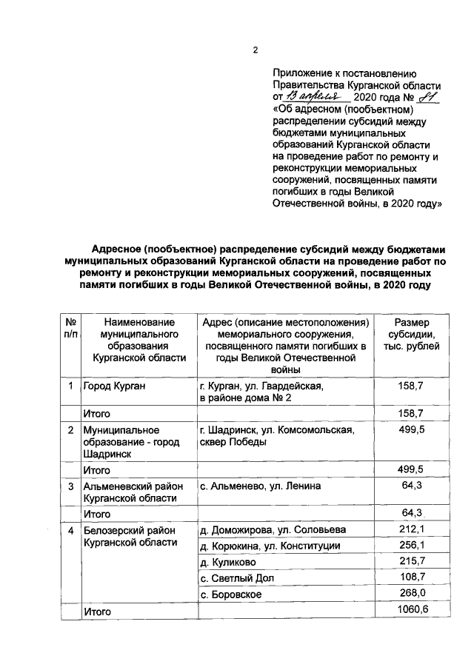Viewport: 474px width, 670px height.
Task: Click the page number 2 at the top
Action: click(x=255, y=51)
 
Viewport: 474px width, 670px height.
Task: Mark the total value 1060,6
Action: click(x=410, y=612)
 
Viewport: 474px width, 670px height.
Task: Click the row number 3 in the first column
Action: click(x=70, y=486)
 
